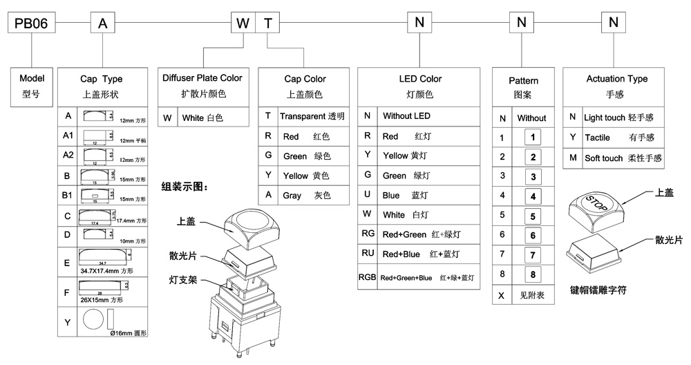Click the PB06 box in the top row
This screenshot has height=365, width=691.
pyautogui.click(x=32, y=24)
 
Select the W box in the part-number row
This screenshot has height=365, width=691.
pyautogui.click(x=243, y=24)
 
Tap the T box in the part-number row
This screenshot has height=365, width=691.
pyautogui.click(x=268, y=24)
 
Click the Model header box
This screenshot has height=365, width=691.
pyautogui.click(x=32, y=86)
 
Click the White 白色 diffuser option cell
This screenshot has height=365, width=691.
pyautogui.click(x=211, y=118)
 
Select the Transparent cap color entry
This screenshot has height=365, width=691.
pyautogui.click(x=312, y=116)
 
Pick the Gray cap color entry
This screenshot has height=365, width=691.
pyautogui.click(x=312, y=196)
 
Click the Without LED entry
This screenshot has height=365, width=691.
pyautogui.click(x=406, y=116)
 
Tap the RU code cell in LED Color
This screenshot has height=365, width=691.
pyautogui.click(x=368, y=254)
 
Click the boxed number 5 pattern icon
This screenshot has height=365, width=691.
pyautogui.click(x=532, y=216)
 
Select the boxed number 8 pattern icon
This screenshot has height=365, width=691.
pyautogui.click(x=532, y=274)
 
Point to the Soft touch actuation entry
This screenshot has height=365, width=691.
pyautogui.click(x=623, y=158)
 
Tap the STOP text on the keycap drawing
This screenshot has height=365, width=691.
pyautogui.click(x=595, y=203)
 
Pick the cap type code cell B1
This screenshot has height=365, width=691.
pyautogui.click(x=68, y=196)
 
